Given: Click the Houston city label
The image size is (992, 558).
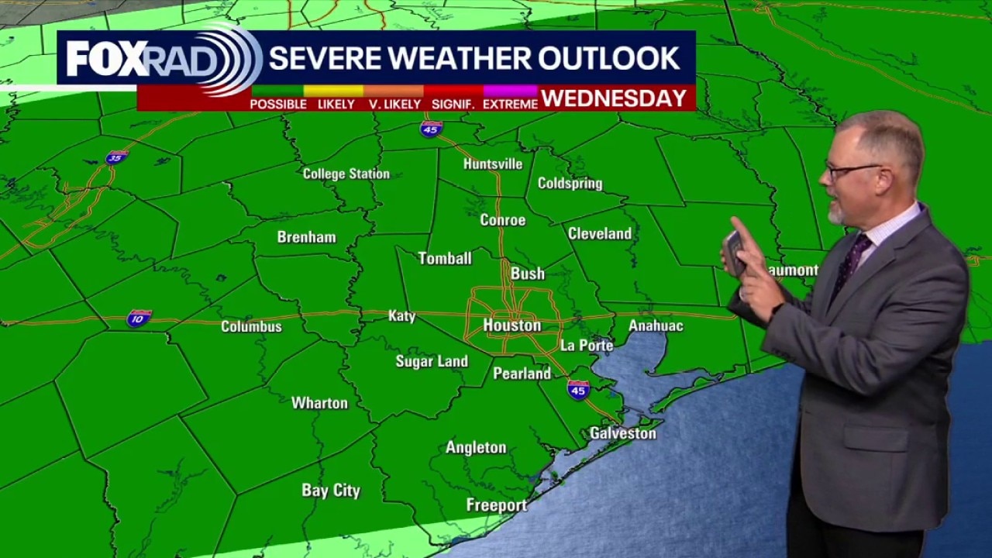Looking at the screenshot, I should point(511,325).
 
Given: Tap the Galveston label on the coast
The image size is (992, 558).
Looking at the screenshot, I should point(622,433).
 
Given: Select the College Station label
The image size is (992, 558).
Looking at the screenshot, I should point(346,174).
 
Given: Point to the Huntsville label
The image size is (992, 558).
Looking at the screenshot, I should point(492,164).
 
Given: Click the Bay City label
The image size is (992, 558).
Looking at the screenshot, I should point(331,491).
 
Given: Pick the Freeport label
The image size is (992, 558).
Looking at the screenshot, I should point(496,505).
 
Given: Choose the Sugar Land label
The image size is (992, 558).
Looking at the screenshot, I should point(432,361).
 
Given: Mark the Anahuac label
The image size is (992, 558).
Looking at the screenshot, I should point(655,325).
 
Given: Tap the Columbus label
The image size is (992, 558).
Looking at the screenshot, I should point(251,326).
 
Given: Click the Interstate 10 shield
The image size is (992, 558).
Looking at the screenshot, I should point(139,318).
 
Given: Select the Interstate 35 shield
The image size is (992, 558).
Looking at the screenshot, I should point(116,157).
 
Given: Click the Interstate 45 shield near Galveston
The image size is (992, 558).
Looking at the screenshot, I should point(578,390).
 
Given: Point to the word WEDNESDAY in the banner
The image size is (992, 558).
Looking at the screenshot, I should point(614,98).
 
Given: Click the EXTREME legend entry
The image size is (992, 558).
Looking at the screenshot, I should point(510,104).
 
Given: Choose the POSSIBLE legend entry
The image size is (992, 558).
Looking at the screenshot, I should point(277,104).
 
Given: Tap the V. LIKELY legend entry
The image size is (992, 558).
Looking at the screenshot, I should point(394,104).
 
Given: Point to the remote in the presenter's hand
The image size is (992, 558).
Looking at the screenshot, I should point(734,253).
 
